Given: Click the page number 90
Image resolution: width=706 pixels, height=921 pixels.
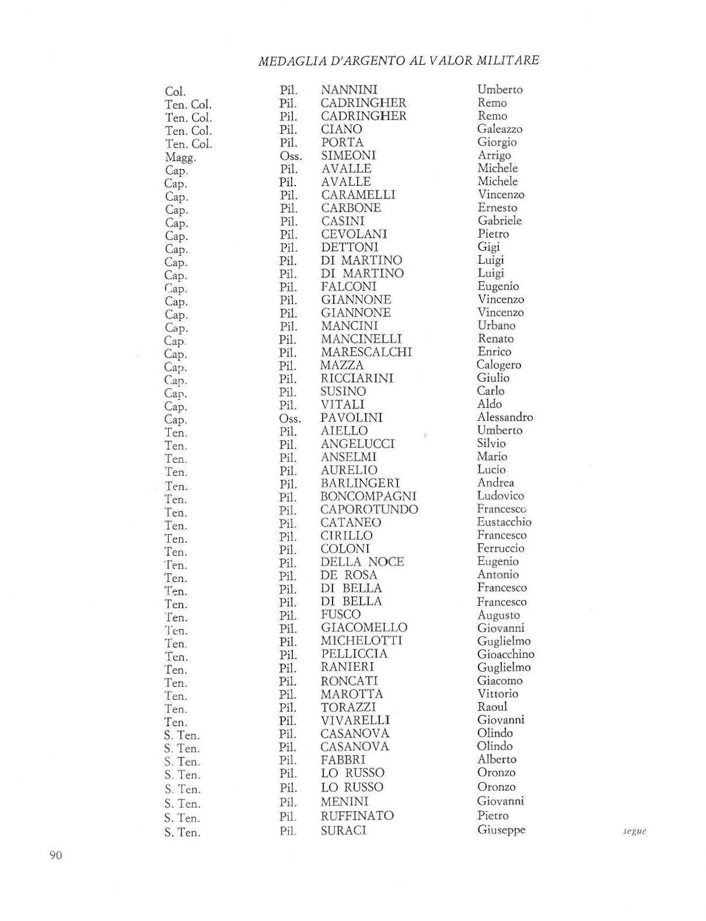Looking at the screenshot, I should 56,855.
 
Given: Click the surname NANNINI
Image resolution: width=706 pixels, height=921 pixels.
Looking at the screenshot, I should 349,90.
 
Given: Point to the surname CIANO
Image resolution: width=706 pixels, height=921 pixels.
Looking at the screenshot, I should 341,129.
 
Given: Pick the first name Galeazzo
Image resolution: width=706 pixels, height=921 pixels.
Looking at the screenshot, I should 499,129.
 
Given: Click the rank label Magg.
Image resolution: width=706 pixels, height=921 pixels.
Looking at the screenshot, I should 180,158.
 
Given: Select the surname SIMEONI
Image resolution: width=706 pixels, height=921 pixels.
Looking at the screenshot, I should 348,155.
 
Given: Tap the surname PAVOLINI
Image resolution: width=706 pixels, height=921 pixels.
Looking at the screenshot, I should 351,418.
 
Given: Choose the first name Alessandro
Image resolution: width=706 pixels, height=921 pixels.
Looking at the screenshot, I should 505,417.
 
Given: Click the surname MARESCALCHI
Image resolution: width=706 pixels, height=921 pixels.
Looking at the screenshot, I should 366,352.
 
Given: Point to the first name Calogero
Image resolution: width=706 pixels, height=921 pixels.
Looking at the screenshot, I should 499,365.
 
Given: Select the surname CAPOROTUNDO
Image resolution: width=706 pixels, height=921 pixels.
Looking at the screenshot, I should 369,510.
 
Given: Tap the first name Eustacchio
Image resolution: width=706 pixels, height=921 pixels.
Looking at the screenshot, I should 504,522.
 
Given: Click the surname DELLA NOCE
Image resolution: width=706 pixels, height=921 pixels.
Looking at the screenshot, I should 362,562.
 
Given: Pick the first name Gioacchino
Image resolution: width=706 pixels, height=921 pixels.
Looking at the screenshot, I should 505,654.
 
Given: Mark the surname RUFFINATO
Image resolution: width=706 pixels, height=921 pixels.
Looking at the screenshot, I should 357,816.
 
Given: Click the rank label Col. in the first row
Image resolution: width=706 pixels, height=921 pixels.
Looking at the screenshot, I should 175,92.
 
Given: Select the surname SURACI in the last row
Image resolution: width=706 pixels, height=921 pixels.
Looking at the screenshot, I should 343,831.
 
